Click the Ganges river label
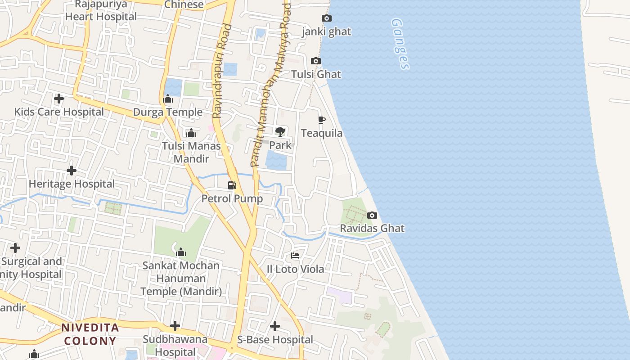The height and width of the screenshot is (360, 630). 400,44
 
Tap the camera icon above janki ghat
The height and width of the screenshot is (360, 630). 327,18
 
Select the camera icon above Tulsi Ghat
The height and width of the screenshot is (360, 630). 316,61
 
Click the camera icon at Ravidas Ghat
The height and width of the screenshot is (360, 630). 372,215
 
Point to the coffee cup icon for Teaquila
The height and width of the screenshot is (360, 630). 321,120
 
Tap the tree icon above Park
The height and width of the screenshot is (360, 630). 280,131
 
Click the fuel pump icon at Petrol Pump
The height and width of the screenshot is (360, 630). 232,185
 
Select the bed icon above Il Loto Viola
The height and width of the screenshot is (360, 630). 295,256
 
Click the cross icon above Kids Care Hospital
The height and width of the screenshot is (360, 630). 58,98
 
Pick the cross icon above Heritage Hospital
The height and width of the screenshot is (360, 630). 71,171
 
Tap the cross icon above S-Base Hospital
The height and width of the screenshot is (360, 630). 275,326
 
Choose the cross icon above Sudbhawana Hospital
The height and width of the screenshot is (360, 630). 175,325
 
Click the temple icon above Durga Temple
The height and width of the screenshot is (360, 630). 168,99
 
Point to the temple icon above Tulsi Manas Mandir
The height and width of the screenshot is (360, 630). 191,133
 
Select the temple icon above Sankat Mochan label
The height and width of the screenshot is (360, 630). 181,252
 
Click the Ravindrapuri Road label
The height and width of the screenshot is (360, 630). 223,71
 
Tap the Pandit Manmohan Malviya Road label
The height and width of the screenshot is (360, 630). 271,85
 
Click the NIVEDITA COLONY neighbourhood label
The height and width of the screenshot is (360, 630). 90,334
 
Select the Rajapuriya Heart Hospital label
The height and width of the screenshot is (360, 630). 101,11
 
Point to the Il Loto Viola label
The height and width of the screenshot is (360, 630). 295,269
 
